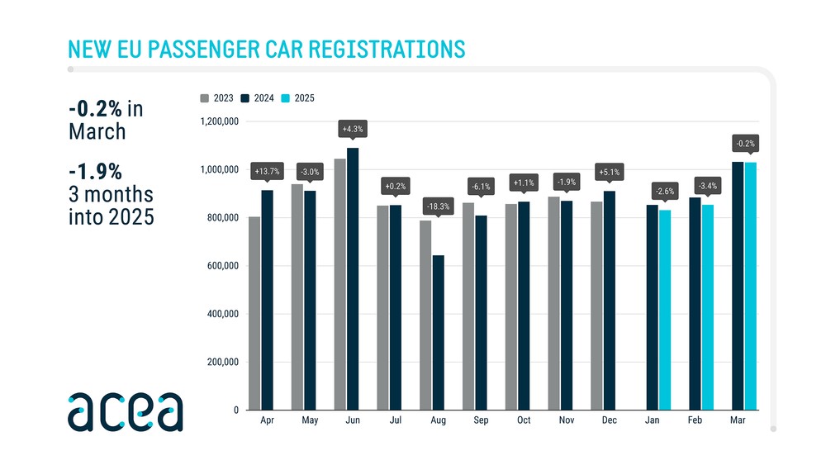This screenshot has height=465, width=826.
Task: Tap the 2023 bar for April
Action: [x=254, y=314]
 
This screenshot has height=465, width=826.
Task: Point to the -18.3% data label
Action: [x=438, y=205]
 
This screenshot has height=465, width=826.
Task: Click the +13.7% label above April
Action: [x=267, y=171]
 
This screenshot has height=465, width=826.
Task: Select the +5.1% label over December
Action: [x=608, y=173]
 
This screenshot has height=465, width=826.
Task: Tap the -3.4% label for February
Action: [x=707, y=186]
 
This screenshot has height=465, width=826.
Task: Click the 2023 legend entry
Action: [x=217, y=98]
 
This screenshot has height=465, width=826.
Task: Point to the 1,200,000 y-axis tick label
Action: [x=219, y=122]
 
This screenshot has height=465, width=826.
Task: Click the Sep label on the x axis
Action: [x=481, y=420]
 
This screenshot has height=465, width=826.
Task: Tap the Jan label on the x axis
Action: [x=653, y=420]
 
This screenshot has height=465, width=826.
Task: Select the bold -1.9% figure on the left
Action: [x=95, y=171]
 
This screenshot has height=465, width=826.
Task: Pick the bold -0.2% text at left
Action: [x=96, y=109]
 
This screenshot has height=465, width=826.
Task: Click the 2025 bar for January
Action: [x=665, y=310]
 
